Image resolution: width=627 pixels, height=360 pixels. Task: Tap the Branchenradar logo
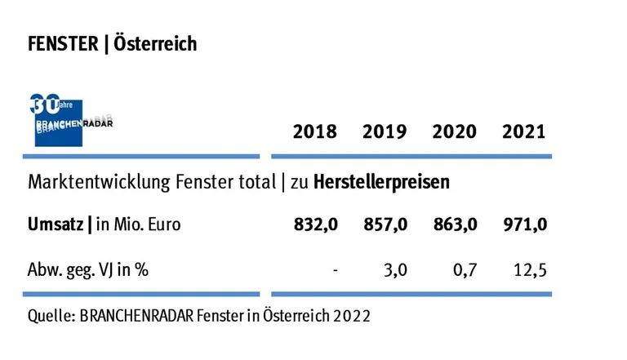pos(71,121)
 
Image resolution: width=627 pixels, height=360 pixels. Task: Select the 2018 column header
pos(314,131)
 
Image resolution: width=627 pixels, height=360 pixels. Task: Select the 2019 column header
pos(385,131)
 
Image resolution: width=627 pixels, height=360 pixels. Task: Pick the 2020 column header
pos(455,131)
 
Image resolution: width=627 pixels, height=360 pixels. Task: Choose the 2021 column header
pos(524,131)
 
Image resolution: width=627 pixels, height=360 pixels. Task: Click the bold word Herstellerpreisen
pos(382,182)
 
